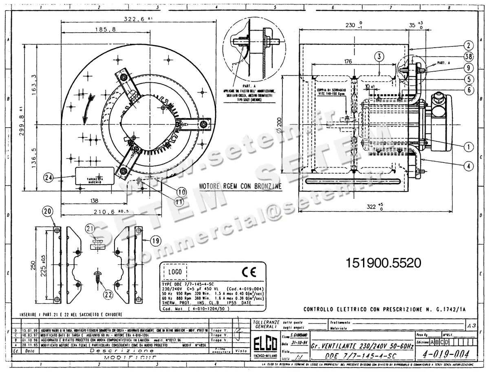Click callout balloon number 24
tap(48, 178)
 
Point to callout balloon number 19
tap(156, 241)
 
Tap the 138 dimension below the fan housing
tap(94, 200)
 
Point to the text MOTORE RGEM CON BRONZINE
tap(240, 186)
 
